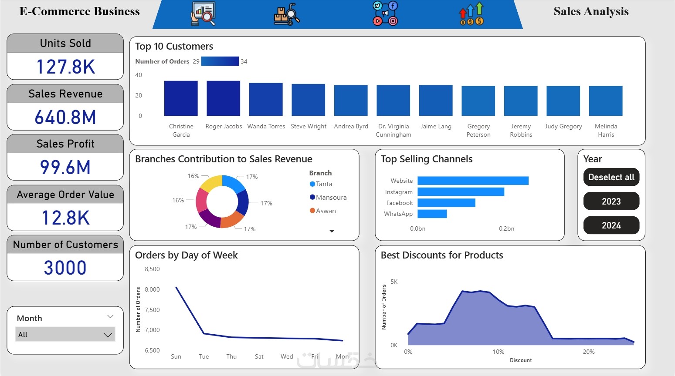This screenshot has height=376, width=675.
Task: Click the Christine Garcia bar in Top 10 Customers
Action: (x=181, y=98)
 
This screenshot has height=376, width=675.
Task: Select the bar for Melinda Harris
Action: (x=605, y=101)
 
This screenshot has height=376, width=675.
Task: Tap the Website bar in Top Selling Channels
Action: (x=473, y=181)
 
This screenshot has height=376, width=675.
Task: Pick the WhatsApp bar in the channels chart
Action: (x=432, y=214)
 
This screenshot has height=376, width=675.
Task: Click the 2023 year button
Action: (x=611, y=201)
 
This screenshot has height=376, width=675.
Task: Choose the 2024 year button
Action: (x=611, y=225)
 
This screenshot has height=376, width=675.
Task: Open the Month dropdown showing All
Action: (x=65, y=335)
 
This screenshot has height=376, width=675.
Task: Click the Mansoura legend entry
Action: (x=331, y=198)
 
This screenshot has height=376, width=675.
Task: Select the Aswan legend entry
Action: (x=326, y=211)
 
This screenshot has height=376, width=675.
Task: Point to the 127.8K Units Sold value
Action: (x=65, y=67)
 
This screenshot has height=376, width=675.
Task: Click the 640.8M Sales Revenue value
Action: (x=65, y=117)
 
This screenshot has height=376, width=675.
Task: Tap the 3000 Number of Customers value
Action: (x=65, y=267)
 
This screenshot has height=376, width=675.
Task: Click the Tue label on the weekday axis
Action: (x=204, y=356)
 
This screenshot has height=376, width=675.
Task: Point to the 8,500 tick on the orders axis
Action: (x=152, y=269)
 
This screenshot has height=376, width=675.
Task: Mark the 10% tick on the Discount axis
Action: (x=499, y=352)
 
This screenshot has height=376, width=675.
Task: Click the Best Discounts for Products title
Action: (x=442, y=255)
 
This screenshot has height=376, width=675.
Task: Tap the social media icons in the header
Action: (x=385, y=13)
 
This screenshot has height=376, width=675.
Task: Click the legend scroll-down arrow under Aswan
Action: (x=332, y=231)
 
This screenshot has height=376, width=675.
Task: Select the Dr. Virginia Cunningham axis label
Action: (x=393, y=131)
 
